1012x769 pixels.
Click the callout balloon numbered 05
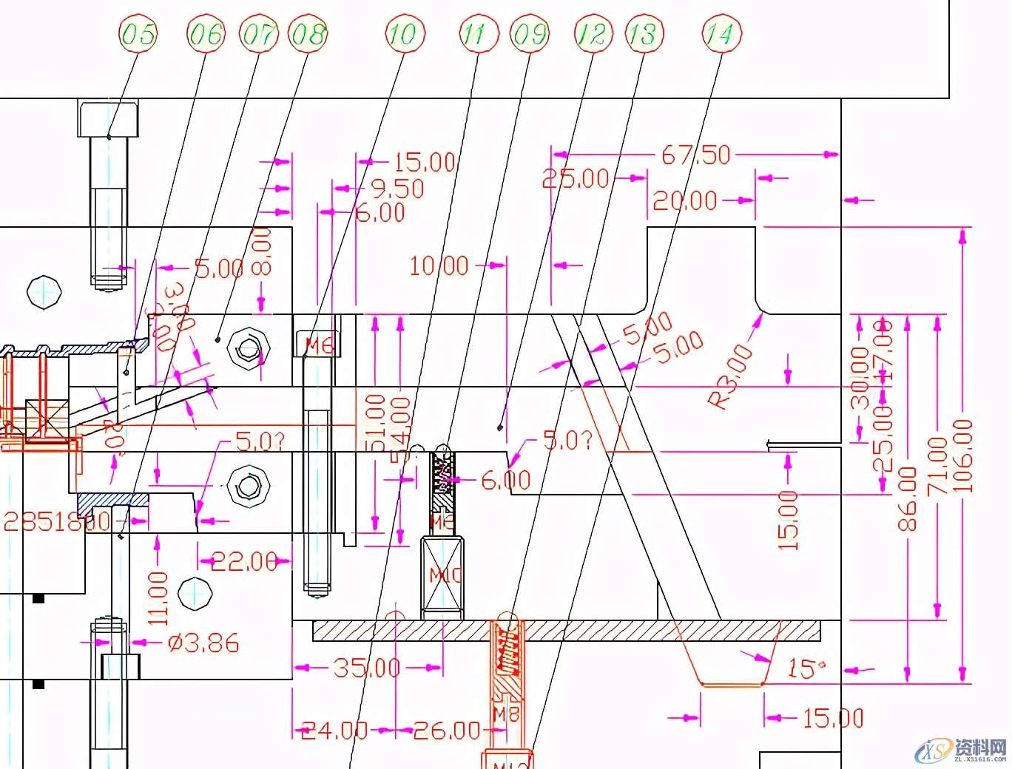(x=138, y=34)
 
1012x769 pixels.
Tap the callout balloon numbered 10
(x=402, y=34)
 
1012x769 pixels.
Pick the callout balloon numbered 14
(x=721, y=34)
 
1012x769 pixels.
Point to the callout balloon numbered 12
(x=593, y=34)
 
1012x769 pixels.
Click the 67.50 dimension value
(x=695, y=155)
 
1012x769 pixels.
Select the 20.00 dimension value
(x=685, y=200)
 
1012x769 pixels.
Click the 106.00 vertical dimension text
(x=962, y=456)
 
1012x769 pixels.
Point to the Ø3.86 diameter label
(x=203, y=643)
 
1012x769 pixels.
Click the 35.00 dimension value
(x=366, y=668)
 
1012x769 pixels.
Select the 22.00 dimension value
(x=244, y=562)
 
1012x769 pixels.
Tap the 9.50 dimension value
(x=397, y=189)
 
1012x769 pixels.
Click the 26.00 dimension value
(x=447, y=731)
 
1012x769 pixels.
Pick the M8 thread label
(x=506, y=714)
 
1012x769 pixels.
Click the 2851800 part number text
(x=57, y=522)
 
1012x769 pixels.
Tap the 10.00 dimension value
(x=439, y=265)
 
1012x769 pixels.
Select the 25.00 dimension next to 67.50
(x=576, y=178)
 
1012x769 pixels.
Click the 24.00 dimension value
(x=334, y=731)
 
